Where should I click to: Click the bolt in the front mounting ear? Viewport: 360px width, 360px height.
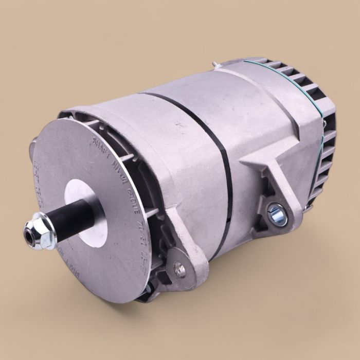click(179, 268)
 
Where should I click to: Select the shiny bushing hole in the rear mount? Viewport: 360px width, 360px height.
click(275, 212)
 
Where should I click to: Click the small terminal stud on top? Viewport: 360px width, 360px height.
click(216, 65)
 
